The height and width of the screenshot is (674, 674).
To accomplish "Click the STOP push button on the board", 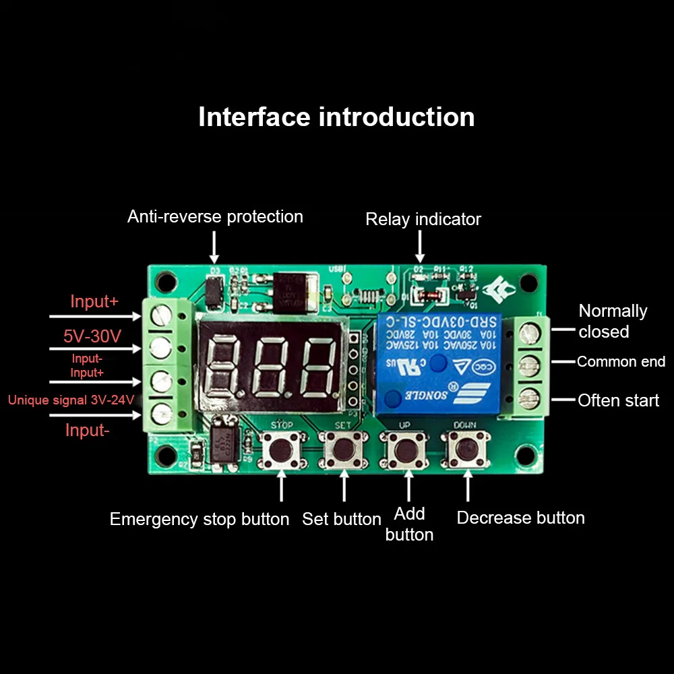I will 282,450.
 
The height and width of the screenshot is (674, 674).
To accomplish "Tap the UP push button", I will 406,450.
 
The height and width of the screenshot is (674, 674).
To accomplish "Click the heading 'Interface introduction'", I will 336,117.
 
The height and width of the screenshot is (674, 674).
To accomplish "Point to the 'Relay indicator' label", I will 423,219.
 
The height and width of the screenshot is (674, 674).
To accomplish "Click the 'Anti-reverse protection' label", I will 215,216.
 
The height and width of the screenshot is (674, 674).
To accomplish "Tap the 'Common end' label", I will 621,362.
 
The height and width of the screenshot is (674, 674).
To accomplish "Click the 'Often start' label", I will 618,400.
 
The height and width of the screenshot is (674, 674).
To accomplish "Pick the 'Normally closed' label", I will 612,321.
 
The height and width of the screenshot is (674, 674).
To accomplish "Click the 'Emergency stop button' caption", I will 199,519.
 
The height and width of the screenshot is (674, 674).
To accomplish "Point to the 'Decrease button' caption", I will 520,518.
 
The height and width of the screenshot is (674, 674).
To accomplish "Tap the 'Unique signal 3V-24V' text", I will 71,400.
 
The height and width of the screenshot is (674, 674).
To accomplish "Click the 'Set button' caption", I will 342,519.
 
